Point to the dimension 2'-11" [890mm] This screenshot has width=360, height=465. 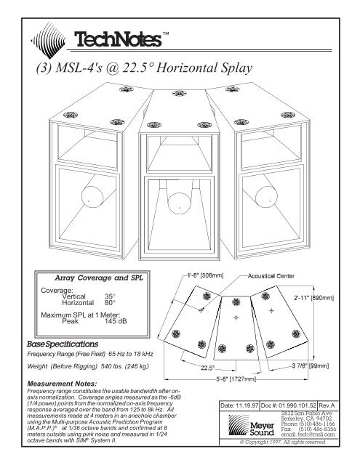313,297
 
